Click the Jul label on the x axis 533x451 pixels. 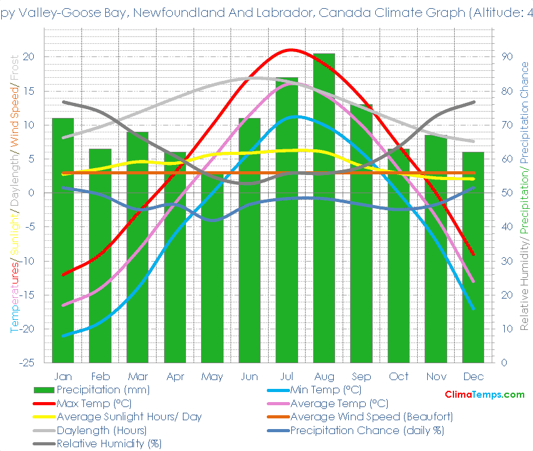click(286, 376)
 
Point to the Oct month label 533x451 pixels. click(398, 376)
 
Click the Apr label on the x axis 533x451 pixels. click(175, 376)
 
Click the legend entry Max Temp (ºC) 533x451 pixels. click(94, 403)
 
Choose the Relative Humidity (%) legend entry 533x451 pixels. click(109, 443)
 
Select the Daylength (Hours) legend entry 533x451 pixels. click(101, 430)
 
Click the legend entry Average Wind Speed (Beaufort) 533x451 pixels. click(371, 417)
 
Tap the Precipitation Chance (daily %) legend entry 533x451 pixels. click(366, 430)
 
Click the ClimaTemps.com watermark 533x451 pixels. click(484, 395)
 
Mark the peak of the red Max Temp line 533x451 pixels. click(290, 50)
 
